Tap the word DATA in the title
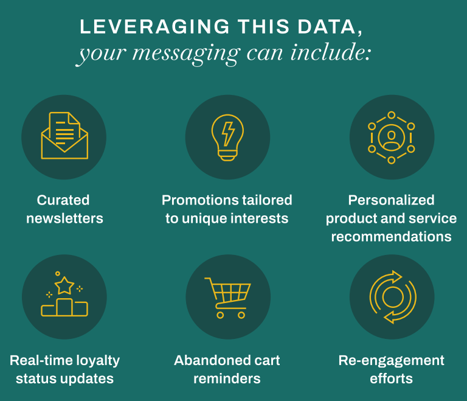327,27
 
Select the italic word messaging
186,54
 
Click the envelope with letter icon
64,136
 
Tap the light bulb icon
227,138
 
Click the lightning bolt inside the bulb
228,134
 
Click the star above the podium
64,285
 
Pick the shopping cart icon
228,298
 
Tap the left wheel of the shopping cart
220,315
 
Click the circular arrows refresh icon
393,297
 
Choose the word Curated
63,200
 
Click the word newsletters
64,218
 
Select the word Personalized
392,200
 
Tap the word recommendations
392,237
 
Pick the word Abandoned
207,360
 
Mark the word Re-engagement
392,361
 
